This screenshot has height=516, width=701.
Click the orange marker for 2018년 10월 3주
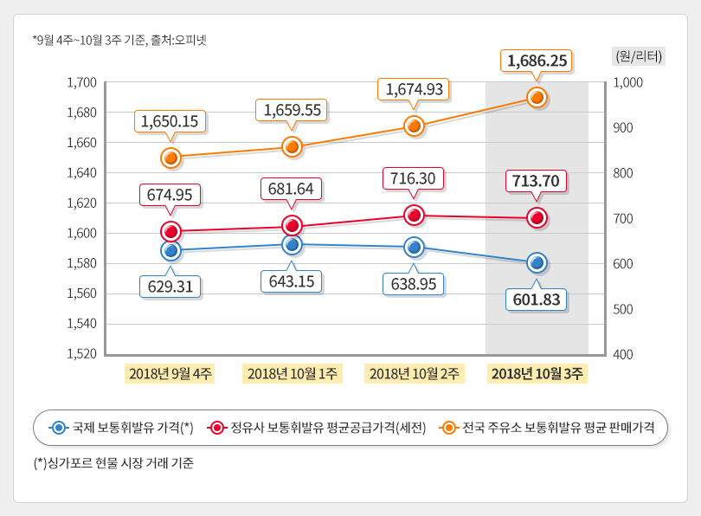537,98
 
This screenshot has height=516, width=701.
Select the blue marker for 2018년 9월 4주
170,251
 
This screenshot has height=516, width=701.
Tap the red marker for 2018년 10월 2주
414,215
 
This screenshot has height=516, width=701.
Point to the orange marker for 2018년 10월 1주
293,147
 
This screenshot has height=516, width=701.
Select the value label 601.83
537,300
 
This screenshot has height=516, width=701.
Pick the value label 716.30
414,178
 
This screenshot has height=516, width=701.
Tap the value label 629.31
170,286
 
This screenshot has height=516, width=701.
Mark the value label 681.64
293,188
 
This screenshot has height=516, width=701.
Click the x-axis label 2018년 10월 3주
537,373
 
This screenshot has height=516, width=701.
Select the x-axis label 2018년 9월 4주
170,373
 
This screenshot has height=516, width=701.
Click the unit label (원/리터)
638,56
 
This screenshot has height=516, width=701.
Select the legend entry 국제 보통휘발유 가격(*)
121,428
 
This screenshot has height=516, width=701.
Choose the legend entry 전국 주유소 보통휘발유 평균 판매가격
547,428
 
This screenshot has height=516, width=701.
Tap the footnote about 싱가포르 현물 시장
113,463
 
